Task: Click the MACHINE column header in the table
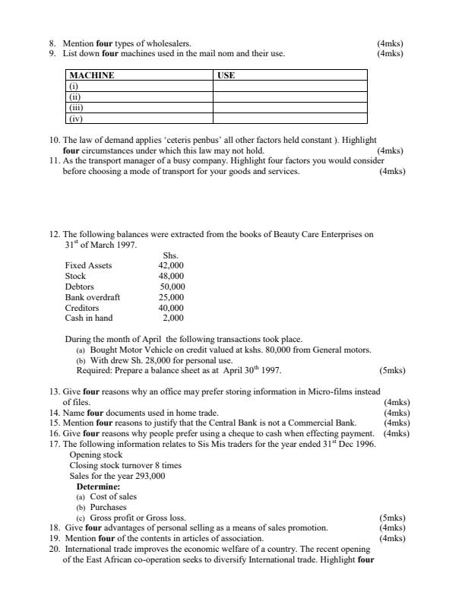point(91,76)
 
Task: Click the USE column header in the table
point(226,76)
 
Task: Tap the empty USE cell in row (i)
point(289,87)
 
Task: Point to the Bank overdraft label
point(92,297)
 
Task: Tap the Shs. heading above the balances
point(172,255)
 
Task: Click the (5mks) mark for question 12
point(391,371)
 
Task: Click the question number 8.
point(51,44)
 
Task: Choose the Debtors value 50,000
point(172,287)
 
